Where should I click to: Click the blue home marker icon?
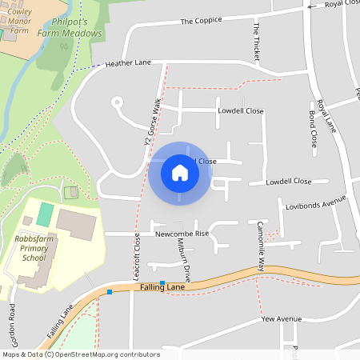point(180,173)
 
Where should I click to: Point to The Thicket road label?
point(257,39)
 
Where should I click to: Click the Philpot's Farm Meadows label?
point(70,28)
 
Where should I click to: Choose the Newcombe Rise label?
point(182,234)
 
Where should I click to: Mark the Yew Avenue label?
point(281,318)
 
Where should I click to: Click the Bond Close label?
point(313,127)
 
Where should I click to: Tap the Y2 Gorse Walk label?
point(148,125)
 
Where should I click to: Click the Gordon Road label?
point(13,322)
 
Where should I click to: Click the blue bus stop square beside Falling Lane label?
point(162,283)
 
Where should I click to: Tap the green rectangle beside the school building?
point(46,214)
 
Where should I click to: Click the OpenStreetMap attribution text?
point(81,354)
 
